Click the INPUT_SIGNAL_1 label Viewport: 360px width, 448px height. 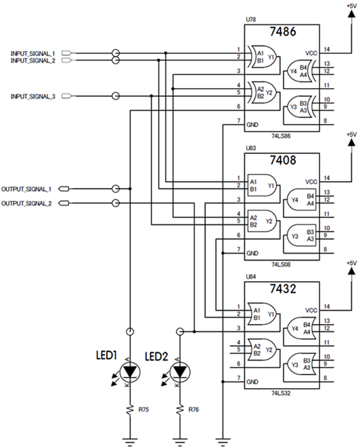point(33,54)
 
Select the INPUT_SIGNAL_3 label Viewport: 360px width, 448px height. point(33,97)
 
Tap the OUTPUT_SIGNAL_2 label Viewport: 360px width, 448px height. point(27,203)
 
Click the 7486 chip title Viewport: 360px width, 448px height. point(283,31)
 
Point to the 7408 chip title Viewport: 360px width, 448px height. point(283,160)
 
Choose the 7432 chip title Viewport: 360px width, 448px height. point(283,289)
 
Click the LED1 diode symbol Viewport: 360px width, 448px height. point(130,372)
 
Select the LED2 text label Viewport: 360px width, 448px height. point(157,357)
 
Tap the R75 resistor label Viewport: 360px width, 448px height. point(144,410)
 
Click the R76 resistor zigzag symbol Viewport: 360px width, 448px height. point(180,410)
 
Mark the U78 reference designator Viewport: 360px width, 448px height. point(251,19)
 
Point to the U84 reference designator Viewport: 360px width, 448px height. point(251,277)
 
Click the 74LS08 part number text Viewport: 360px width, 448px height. point(281,265)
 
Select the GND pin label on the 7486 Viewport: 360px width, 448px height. point(253,125)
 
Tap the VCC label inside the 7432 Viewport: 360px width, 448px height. point(311,311)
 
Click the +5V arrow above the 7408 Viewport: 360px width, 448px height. point(352,143)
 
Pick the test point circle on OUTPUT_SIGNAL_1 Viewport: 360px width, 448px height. point(116,189)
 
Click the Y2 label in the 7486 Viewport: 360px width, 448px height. point(269,93)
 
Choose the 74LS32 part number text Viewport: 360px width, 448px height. point(281,393)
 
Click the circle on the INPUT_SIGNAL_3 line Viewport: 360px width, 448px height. point(116,96)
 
